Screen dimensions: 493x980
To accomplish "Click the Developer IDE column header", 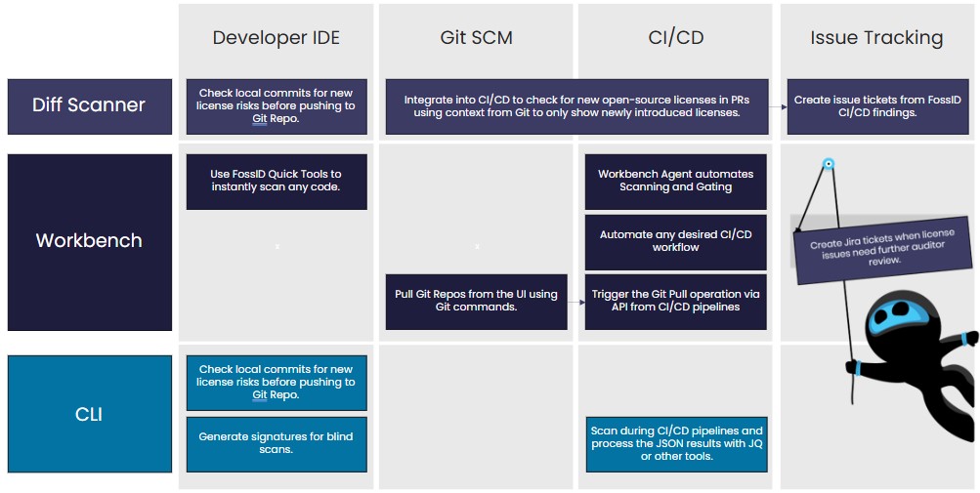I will point(277,38).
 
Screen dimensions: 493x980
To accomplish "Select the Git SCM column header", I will point(476,38).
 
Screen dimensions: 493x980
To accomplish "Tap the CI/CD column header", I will point(676,38).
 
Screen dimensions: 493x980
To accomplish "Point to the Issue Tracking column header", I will point(876,38).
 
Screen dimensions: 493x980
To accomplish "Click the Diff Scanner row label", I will point(89,105).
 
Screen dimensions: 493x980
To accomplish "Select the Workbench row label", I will point(89,240).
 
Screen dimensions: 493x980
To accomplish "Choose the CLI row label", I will point(89,414).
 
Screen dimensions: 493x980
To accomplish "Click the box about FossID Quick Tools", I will point(277,181).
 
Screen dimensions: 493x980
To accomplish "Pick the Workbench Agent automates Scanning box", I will point(676,181).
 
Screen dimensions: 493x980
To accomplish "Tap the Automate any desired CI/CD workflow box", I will point(676,241).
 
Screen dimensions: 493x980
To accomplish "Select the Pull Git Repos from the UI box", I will point(476,301).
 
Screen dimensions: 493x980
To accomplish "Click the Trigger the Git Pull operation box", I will point(676,301).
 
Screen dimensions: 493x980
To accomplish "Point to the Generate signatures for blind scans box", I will point(277,443).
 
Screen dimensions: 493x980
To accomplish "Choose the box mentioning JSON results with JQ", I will point(676,443).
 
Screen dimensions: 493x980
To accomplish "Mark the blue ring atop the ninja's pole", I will point(829,164).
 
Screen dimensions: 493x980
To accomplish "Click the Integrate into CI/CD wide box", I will point(575,105).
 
